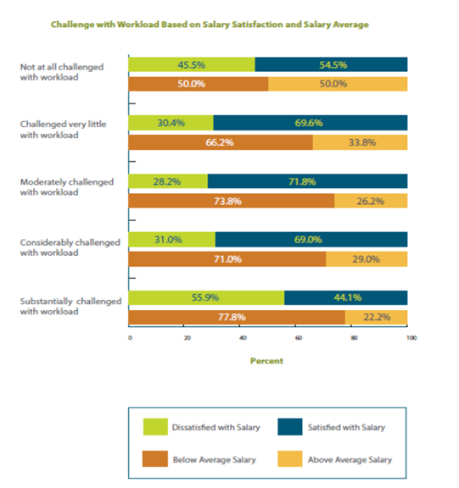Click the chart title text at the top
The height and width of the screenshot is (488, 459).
(210, 25)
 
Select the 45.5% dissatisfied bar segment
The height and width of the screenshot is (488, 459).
(191, 64)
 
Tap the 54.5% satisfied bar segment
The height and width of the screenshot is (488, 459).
(331, 64)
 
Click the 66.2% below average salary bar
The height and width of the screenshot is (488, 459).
(221, 142)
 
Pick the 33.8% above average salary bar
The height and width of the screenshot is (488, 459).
(360, 142)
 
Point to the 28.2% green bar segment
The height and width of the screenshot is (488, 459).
(168, 181)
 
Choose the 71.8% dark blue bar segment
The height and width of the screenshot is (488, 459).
(307, 181)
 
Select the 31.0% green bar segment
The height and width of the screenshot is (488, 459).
(171, 240)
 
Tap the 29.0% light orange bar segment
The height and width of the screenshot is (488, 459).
(367, 259)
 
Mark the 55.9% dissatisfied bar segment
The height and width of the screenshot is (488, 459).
(206, 297)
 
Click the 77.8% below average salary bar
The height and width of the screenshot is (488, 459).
(237, 317)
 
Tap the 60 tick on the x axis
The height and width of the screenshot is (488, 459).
(298, 338)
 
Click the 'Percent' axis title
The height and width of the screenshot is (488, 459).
(266, 361)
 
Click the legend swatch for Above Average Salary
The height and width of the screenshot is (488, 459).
(291, 459)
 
